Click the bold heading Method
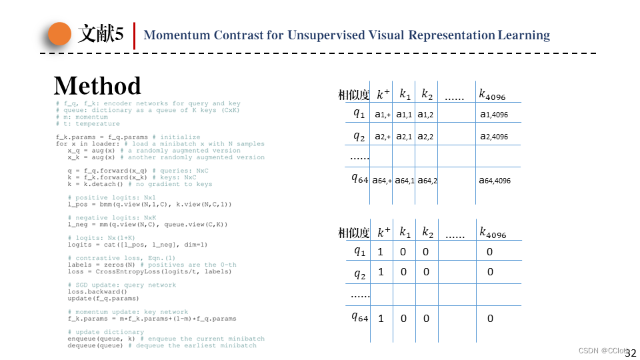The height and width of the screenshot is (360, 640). coord(97,86)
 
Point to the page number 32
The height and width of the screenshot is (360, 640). coord(630,353)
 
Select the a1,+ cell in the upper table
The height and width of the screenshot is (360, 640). coord(383,115)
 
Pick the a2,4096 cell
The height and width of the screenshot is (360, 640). coord(494,137)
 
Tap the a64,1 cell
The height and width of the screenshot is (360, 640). coord(405,180)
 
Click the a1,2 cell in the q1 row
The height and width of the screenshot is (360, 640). coord(426,115)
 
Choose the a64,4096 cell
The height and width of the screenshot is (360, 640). coord(495,180)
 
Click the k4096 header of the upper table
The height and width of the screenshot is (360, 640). coord(493,94)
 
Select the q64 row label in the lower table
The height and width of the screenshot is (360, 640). coord(360,317)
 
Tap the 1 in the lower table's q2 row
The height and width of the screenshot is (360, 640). coord(381,272)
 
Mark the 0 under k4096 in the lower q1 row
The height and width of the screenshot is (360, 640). coord(490,252)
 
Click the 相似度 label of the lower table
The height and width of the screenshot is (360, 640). coord(353,233)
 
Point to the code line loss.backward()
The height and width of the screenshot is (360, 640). coord(97,291)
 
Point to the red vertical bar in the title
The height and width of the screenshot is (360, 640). coord(135,35)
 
